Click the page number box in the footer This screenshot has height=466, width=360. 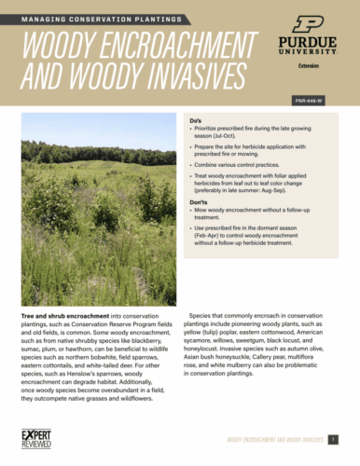(344, 439)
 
